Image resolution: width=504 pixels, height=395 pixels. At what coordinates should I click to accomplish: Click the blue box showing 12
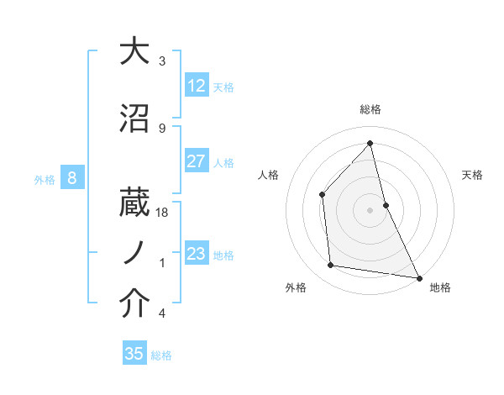(x=197, y=86)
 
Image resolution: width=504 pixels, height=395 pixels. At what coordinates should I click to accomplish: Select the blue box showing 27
(x=197, y=161)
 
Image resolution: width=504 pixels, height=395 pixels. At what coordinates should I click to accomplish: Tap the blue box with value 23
(x=197, y=254)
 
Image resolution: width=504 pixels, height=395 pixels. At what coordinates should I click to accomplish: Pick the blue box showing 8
(x=72, y=178)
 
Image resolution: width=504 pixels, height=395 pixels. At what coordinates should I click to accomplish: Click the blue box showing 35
(x=134, y=354)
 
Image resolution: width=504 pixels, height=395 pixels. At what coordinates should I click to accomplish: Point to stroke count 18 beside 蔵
(x=163, y=213)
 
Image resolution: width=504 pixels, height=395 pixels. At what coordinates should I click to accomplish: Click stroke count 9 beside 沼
(x=162, y=128)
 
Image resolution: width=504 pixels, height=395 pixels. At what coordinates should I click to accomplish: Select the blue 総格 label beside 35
(x=161, y=355)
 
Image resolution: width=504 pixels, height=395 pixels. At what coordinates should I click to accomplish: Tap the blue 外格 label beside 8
(x=45, y=179)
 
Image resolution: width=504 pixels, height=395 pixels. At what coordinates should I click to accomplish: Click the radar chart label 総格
(x=370, y=109)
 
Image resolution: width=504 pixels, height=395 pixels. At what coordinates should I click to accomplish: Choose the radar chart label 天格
(x=473, y=175)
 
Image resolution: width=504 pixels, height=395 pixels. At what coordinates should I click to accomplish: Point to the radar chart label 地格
(x=440, y=287)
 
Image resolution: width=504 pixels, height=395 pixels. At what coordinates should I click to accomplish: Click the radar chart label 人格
(x=268, y=175)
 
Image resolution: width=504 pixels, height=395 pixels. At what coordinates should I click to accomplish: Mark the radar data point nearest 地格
(x=418, y=277)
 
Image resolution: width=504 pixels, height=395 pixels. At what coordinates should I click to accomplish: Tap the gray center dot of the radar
(x=370, y=210)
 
